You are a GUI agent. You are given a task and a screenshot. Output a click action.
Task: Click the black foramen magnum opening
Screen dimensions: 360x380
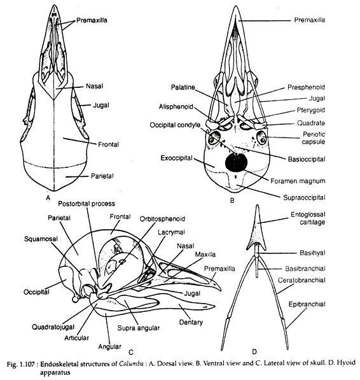236,162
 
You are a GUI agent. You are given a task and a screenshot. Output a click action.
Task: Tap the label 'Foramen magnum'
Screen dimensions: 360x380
298,181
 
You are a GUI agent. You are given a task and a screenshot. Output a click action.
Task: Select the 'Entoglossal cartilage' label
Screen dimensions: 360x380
308,218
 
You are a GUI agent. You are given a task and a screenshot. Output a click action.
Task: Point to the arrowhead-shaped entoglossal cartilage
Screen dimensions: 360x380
256,230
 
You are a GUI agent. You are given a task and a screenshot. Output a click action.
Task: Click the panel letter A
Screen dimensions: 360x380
48,198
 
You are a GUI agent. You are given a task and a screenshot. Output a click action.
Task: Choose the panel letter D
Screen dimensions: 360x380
254,351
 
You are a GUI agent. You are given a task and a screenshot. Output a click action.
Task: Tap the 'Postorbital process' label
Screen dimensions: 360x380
87,204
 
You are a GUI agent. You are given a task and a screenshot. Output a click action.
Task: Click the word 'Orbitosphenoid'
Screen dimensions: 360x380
162,219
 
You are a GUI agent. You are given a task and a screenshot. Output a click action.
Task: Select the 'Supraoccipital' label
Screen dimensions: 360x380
304,197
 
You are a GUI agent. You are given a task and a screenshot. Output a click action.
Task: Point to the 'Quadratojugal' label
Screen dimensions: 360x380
53,327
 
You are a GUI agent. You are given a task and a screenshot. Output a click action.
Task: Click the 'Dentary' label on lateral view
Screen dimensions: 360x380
191,322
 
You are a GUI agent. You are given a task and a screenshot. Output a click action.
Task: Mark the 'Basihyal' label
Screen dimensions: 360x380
312,253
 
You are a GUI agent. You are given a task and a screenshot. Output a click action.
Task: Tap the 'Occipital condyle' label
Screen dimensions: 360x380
175,125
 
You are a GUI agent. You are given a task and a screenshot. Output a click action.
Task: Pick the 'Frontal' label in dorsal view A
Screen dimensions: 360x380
108,144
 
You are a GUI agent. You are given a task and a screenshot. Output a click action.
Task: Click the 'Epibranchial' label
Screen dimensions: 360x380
307,304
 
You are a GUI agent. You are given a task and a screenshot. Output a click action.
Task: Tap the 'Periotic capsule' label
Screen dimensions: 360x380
314,138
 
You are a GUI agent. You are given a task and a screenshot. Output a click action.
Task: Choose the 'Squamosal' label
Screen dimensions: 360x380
41,239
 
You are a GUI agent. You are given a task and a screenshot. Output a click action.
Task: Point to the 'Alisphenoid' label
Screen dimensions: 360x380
176,107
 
